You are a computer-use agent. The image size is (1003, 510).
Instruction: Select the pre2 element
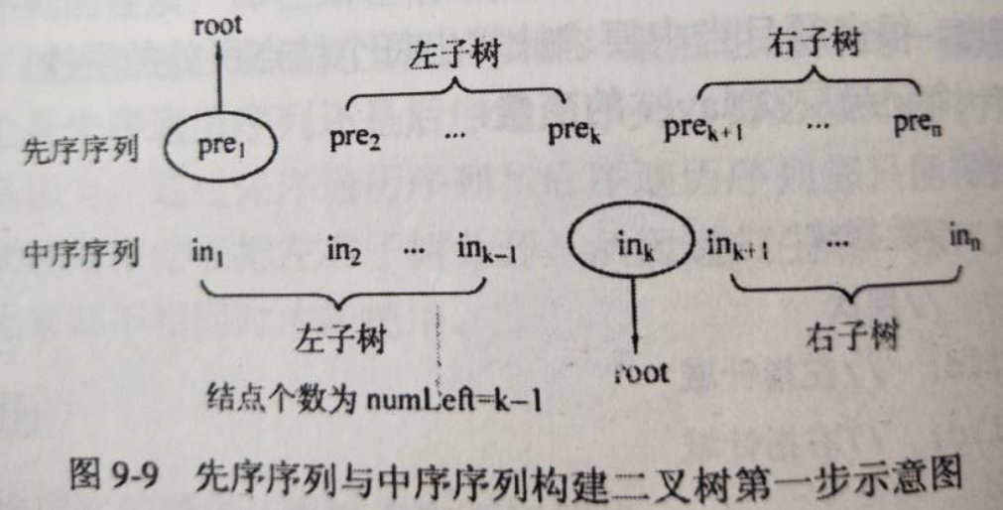point(354,139)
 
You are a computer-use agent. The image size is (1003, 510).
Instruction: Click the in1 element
point(208,250)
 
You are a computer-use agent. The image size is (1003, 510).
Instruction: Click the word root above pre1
point(218,27)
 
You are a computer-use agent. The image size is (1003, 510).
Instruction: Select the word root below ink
point(642,373)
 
